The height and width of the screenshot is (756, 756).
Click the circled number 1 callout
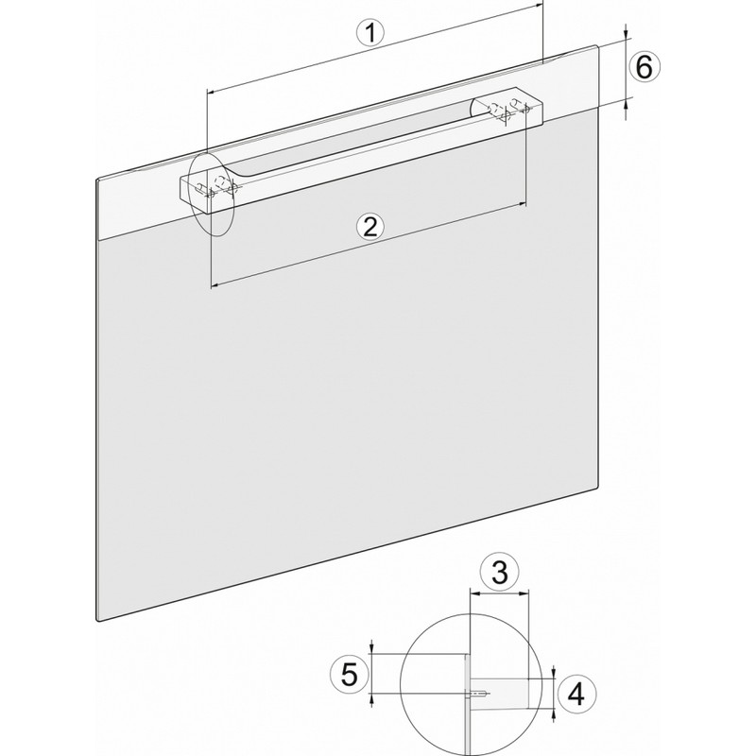point(370,33)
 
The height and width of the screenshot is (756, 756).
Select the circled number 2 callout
point(370,226)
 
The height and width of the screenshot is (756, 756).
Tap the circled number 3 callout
point(500,573)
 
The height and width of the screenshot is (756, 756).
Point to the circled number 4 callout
point(576,695)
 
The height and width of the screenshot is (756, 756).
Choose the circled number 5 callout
point(349,674)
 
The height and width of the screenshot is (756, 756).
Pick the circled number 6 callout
point(644,67)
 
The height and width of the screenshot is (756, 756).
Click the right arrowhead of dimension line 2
point(523,205)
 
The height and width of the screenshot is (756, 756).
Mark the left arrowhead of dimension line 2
point(215,286)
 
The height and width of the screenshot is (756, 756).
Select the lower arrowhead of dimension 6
point(626,102)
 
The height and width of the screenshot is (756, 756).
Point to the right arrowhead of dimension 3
point(524,593)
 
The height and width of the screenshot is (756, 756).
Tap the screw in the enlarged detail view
point(478,695)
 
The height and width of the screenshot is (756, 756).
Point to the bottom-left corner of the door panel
point(98,620)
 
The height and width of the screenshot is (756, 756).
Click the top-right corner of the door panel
point(598,45)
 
